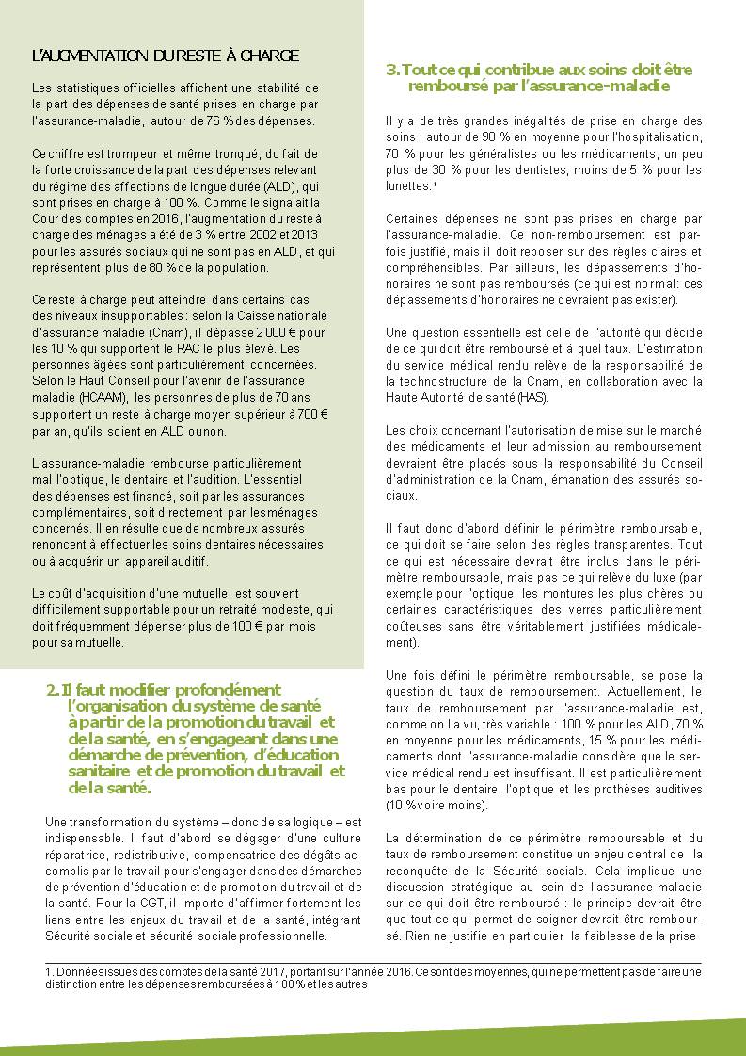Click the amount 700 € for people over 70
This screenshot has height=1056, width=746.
(309, 414)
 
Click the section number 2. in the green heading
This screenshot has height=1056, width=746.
(53, 690)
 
